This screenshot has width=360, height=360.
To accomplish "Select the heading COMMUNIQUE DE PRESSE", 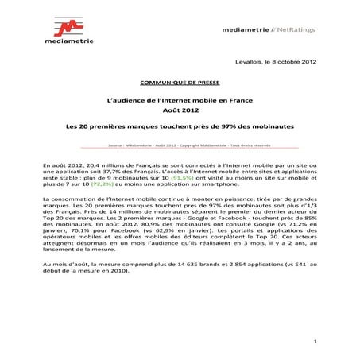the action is (x=180, y=81).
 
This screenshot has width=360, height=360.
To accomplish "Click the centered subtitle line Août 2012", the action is (x=180, y=111).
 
